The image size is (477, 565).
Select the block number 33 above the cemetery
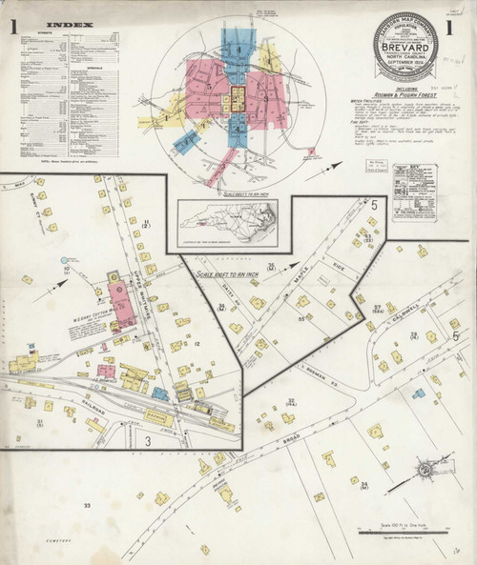pyautogui.click(x=87, y=505)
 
